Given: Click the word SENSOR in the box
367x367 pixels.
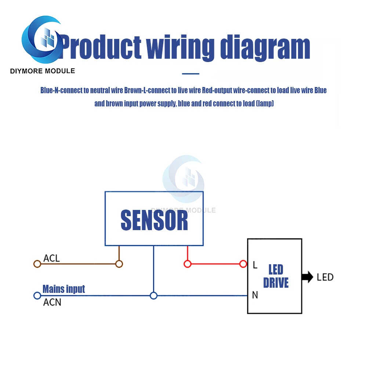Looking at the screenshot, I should point(154,220).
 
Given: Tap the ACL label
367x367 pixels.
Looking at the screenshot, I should point(51,258).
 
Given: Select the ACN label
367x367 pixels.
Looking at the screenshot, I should point(52,303).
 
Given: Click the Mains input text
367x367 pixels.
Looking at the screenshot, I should point(63,289).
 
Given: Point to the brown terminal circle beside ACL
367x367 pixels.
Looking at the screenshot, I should point(37,264).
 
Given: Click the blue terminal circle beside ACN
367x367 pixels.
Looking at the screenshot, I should point(37,295).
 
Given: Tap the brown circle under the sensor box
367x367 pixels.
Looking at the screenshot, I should point(119,264).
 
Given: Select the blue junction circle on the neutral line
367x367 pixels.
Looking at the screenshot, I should point(154,295).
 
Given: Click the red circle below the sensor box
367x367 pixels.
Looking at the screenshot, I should point(188,264).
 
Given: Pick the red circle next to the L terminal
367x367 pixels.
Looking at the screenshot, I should point(243,264).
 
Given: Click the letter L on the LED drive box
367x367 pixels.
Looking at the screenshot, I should point(255,265).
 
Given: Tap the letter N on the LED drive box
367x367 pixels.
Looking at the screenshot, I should point(255,295).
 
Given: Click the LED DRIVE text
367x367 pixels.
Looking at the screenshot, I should point(276,276).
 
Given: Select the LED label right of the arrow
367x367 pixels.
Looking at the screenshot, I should point(325,277).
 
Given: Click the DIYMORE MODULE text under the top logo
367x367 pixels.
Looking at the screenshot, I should point(43,71).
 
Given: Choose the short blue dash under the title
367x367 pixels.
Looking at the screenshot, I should point(190,74).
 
